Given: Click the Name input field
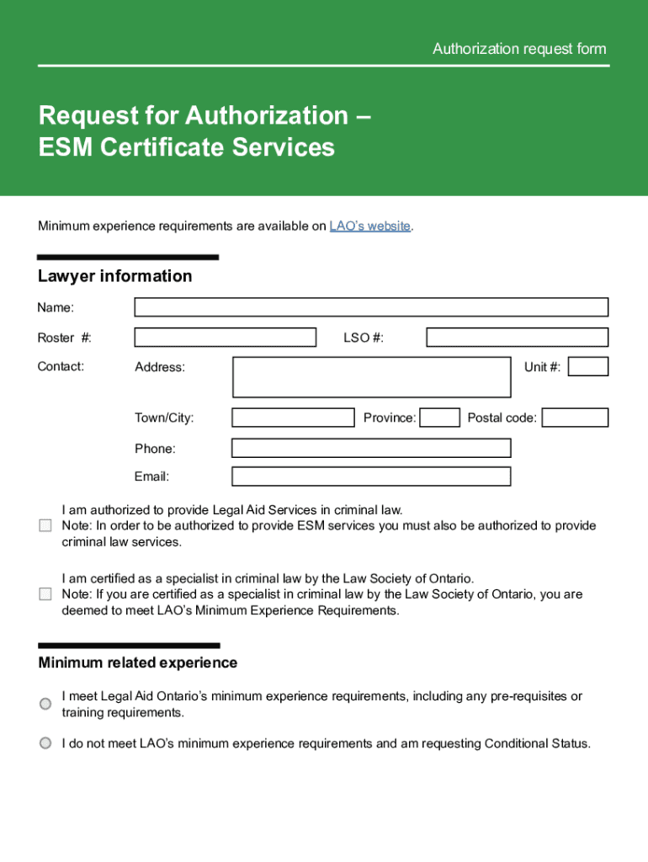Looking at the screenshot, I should [371, 307].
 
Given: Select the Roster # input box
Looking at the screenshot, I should [226, 338].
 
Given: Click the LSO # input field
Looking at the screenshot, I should [517, 338].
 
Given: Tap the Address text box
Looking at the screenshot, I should [371, 377].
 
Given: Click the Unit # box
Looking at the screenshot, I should [588, 366].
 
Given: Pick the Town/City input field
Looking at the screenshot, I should [293, 418].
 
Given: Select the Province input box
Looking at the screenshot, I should [439, 418].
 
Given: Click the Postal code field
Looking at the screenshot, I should [575, 418].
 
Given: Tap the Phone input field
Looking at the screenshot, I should [371, 448].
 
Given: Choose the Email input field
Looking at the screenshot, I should [371, 476].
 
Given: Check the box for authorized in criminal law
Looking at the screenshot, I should [45, 526].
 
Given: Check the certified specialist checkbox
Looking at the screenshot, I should [45, 594].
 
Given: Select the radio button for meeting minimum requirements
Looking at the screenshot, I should [45, 704].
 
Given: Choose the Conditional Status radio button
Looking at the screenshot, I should [45, 743].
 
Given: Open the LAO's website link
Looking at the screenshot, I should [370, 226].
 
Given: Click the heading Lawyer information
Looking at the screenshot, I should [115, 276].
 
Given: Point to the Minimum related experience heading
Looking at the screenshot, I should [138, 663].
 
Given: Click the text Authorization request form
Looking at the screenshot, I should [519, 49].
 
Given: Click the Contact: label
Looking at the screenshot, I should [61, 366].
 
